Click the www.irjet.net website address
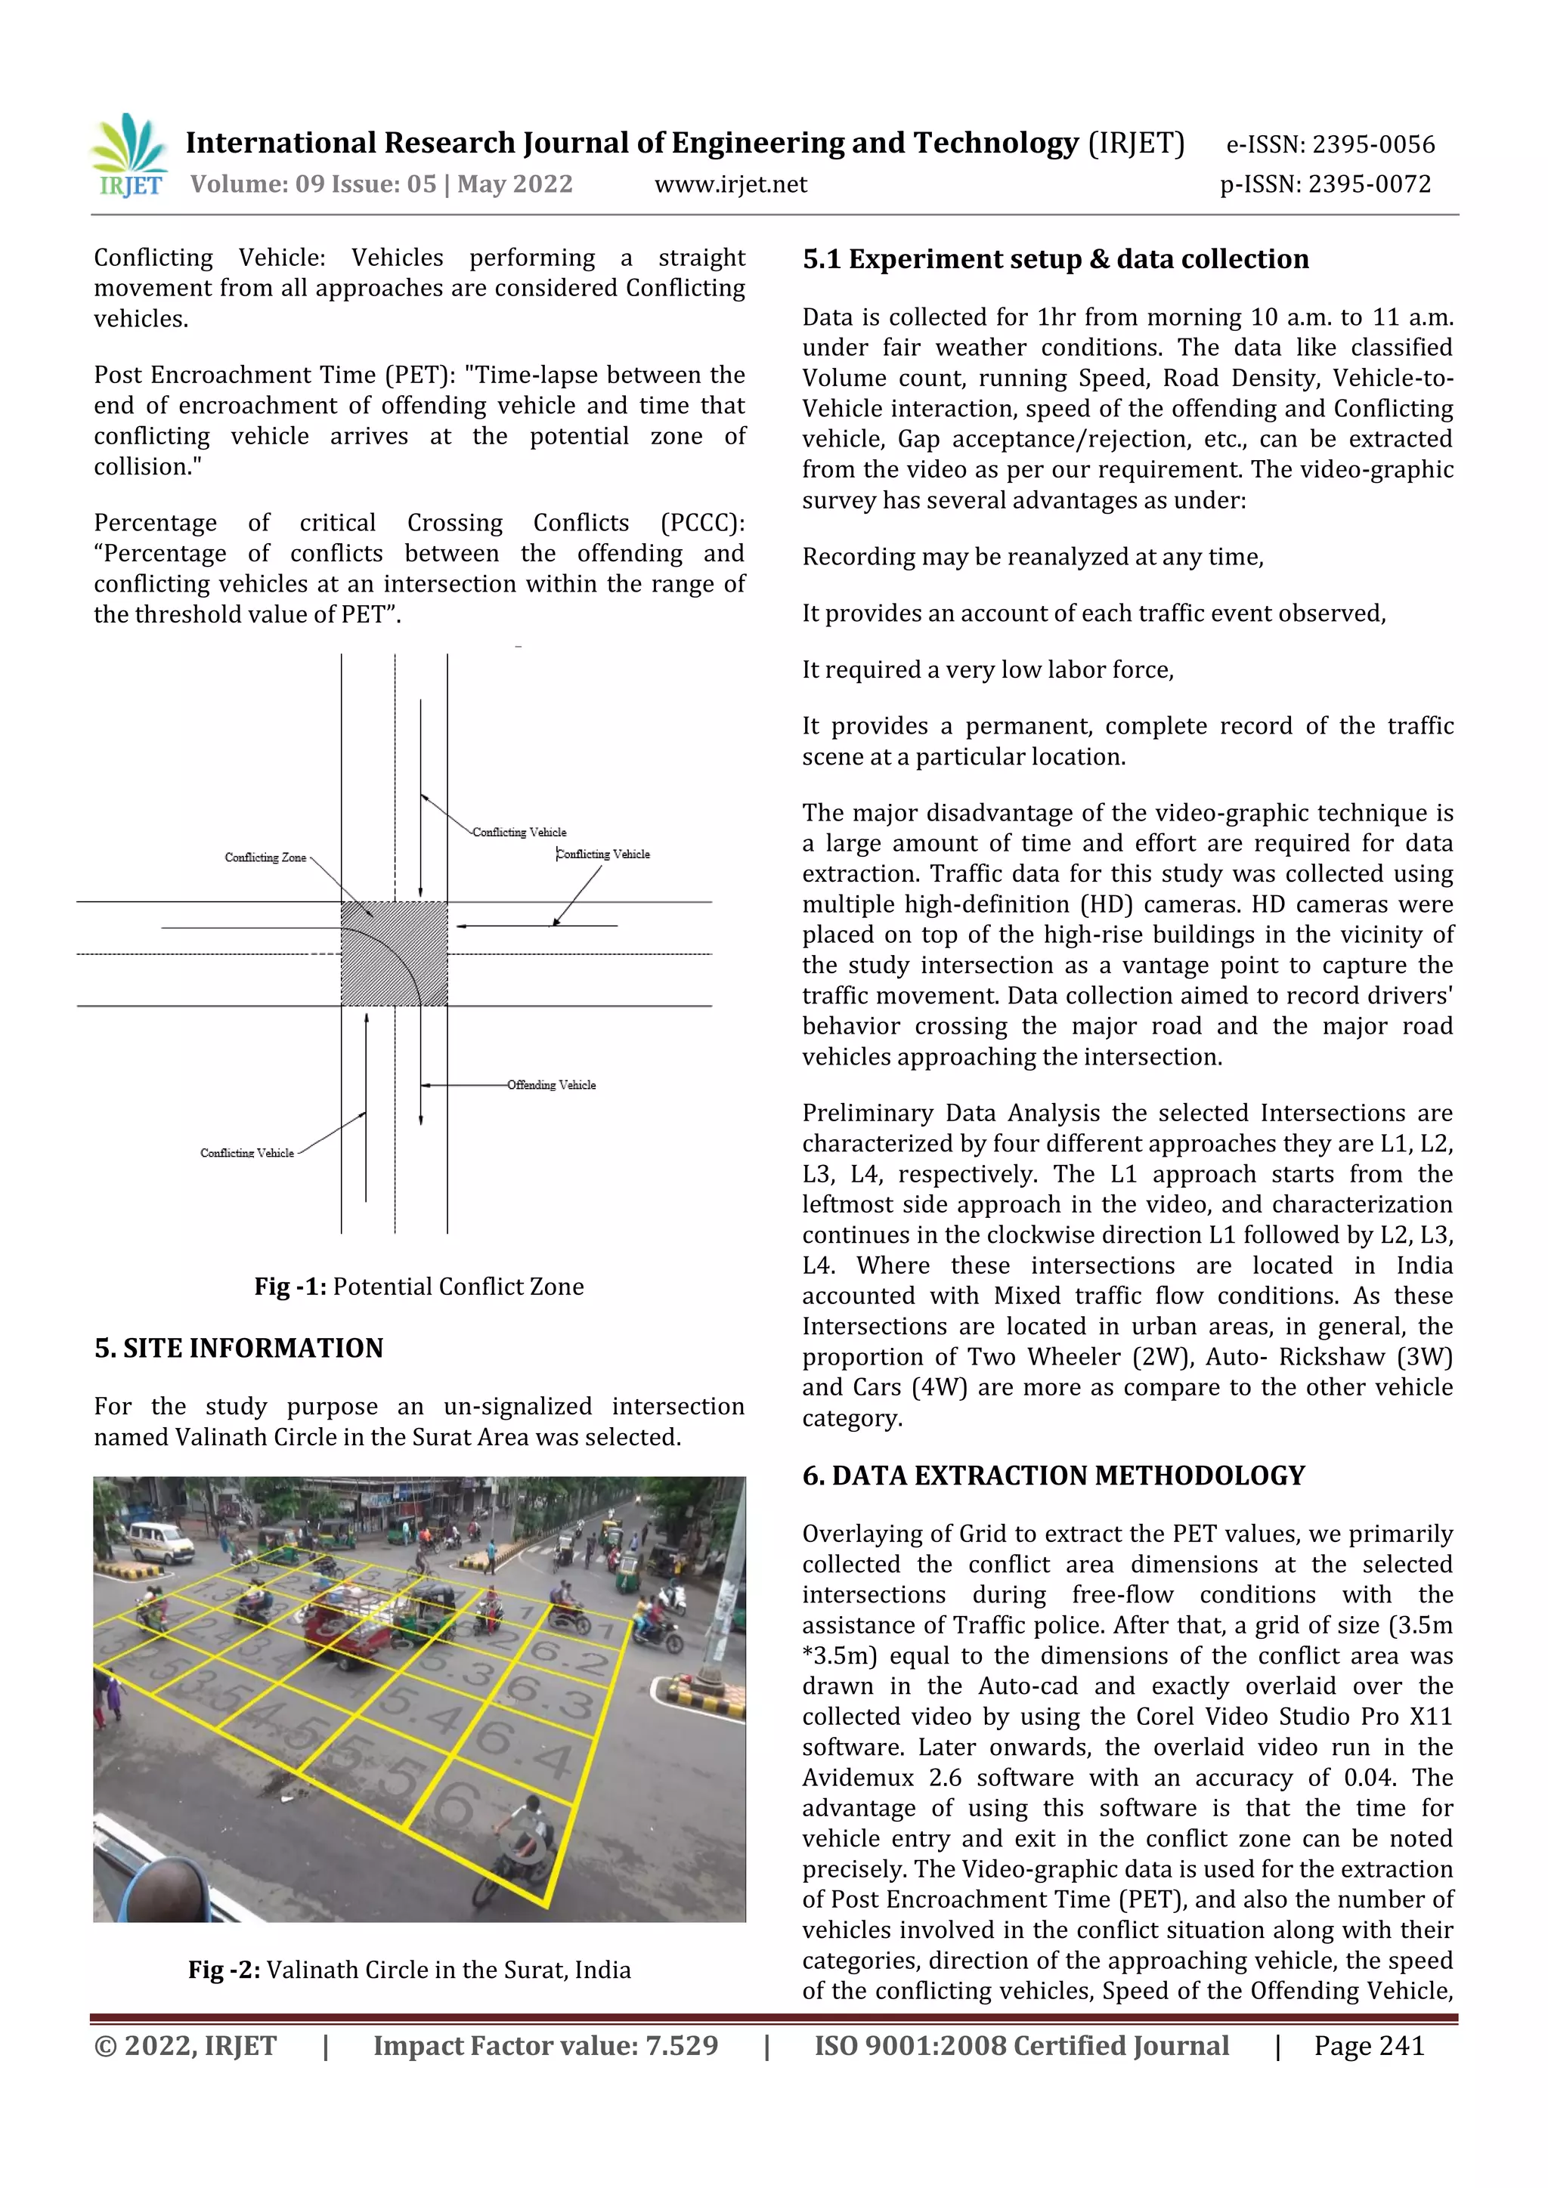click(730, 185)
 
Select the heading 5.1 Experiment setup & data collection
click(1055, 259)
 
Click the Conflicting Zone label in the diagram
click(265, 858)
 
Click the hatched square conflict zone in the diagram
click(394, 953)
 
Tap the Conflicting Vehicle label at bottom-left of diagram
click(247, 1153)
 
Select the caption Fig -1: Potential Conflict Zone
click(419, 1287)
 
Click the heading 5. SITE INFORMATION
click(238, 1349)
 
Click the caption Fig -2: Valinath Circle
click(409, 1970)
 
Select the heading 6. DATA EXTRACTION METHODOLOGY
click(1052, 1476)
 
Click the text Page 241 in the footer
click(1368, 2046)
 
